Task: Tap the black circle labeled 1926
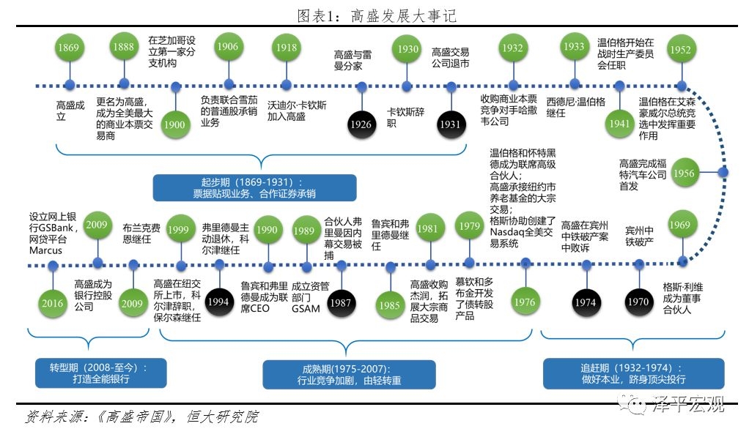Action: [x=361, y=124]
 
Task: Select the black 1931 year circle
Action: [x=449, y=124]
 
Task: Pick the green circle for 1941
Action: [x=620, y=123]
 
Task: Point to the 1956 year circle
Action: [x=684, y=173]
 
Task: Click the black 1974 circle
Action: [x=586, y=302]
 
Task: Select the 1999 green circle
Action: [x=177, y=229]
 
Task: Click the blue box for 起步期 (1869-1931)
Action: [x=254, y=187]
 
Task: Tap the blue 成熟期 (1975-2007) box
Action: [x=349, y=373]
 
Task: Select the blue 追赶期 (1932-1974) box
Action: [x=633, y=373]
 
